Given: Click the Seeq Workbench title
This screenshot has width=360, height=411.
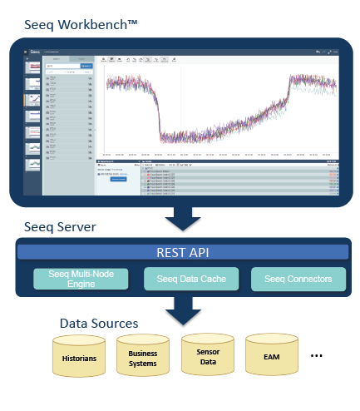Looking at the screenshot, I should [82, 27].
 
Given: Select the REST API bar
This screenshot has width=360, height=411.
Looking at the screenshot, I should [180, 252].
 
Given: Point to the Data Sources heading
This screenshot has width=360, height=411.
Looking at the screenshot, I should [98, 322].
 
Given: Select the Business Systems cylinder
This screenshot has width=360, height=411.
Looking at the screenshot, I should [142, 358].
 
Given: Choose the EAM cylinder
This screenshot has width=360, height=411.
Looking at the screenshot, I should [271, 357].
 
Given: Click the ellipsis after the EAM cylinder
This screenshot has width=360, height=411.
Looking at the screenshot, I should [316, 356].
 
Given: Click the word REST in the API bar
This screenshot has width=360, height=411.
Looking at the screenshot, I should [167, 252].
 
